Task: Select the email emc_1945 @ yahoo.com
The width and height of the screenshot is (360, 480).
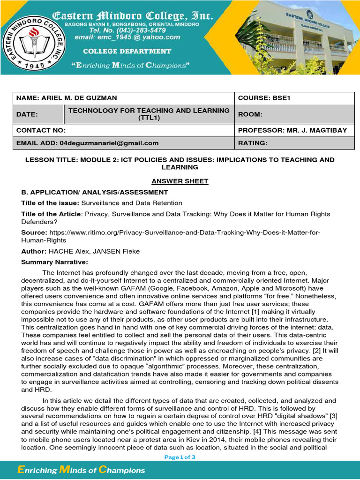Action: (127, 37)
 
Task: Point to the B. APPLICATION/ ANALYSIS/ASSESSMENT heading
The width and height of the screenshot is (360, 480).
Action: (94, 192)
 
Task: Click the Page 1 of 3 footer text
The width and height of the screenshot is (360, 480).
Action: (180, 457)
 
